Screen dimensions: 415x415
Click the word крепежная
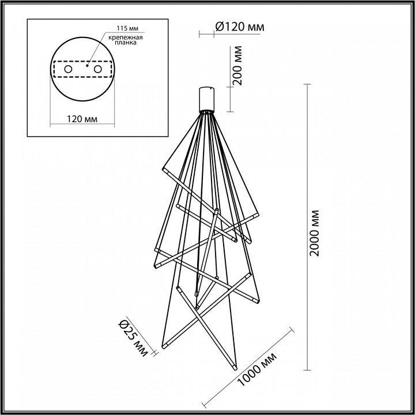tap(122, 37)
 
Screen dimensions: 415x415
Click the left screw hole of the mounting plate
tap(68, 69)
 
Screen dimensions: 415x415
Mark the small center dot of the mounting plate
tap(86, 65)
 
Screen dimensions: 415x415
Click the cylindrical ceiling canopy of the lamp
tap(207, 99)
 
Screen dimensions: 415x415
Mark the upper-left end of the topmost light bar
tap(163, 170)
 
